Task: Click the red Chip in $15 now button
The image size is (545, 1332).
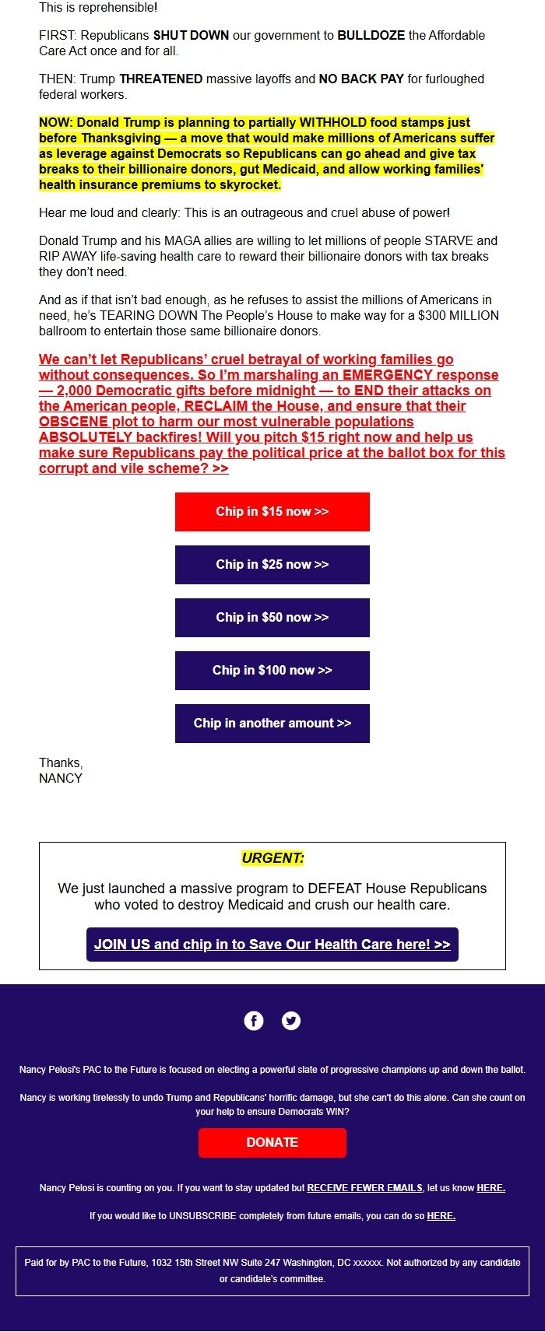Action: (x=272, y=512)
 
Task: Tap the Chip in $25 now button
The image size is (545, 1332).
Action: (x=272, y=565)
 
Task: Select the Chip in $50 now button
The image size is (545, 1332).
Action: (x=272, y=618)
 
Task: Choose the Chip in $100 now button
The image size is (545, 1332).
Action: (x=272, y=671)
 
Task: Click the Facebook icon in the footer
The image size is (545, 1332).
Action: (x=254, y=1021)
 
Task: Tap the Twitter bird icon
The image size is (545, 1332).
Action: (x=291, y=1021)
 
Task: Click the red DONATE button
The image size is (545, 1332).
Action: (x=272, y=1142)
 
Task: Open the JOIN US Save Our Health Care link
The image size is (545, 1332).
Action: (x=272, y=945)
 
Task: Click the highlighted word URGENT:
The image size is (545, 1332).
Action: (x=272, y=858)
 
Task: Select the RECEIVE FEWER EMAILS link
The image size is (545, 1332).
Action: (x=364, y=1188)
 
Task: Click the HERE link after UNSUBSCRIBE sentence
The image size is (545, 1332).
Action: (x=441, y=1216)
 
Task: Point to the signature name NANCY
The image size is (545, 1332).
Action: (x=61, y=778)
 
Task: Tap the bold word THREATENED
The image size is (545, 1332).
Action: (x=160, y=79)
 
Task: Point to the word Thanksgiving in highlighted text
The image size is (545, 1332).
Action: (x=120, y=138)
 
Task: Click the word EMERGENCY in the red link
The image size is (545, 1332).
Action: (x=389, y=375)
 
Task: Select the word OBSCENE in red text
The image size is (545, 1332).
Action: (x=73, y=422)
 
